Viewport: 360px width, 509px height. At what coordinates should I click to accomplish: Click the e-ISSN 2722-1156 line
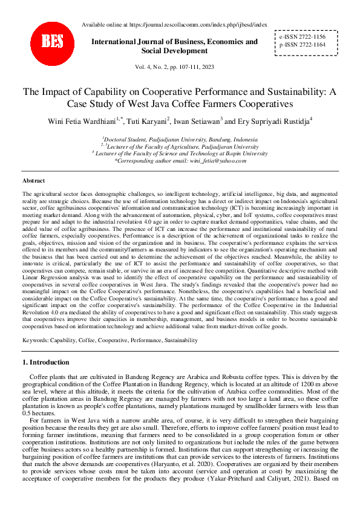point(302,36)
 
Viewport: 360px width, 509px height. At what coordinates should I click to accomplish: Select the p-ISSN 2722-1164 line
point(302,45)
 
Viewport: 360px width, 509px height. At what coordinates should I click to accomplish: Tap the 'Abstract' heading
point(33,181)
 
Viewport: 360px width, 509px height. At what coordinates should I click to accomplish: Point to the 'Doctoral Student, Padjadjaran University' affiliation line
point(180,138)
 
